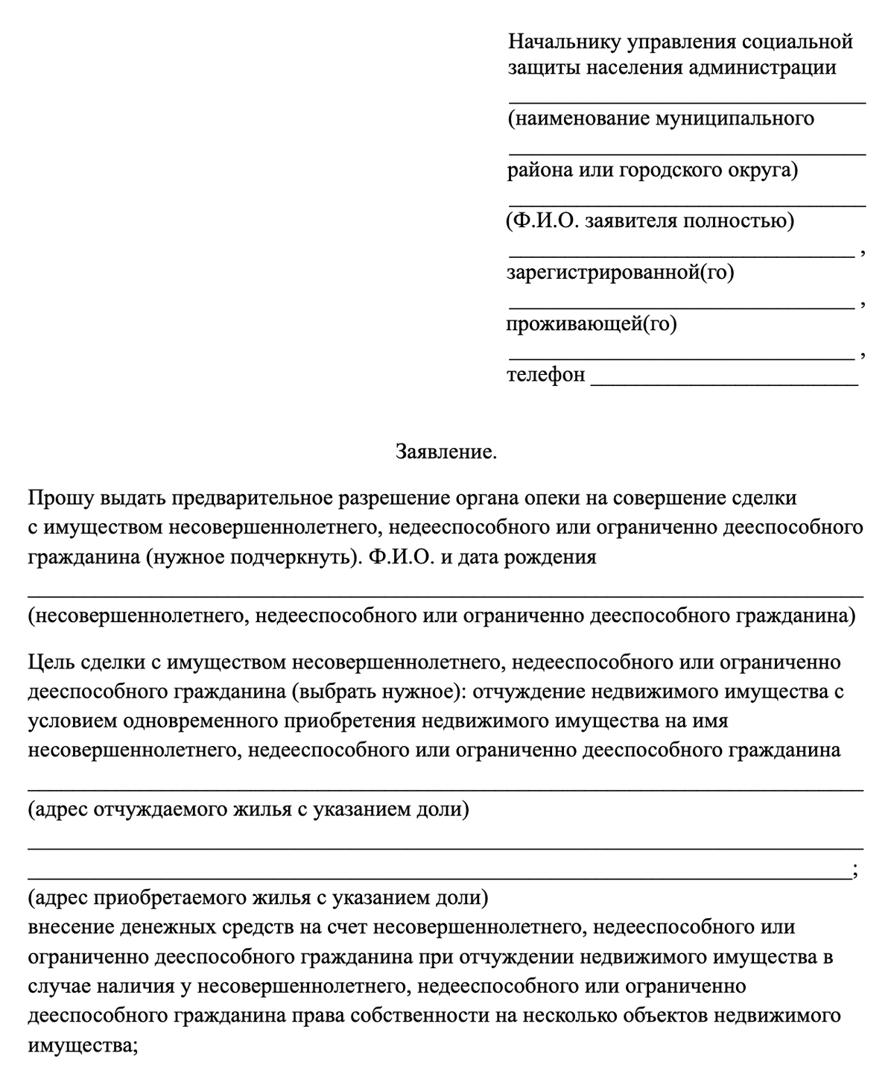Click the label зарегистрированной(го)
[621, 273]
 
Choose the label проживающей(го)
[592, 324]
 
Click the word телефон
[546, 374]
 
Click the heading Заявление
[446, 452]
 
